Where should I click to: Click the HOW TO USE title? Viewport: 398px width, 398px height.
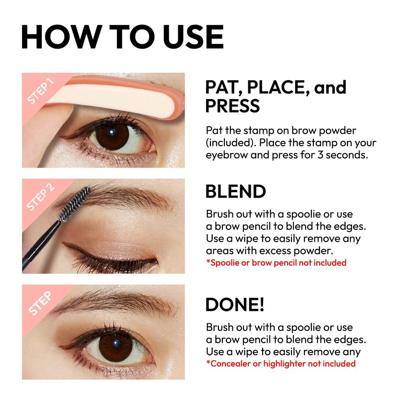122,36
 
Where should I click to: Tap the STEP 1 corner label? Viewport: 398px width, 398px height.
41,91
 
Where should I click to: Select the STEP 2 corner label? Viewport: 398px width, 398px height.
41,197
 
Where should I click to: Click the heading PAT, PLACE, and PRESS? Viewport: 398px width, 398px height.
276,96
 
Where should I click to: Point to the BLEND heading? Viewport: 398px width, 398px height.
235,192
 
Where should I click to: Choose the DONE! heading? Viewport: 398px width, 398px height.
235,304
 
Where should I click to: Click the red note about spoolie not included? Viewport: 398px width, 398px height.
276,263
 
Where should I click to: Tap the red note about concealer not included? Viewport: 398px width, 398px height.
281,364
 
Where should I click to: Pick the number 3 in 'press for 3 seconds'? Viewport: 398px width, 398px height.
320,155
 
